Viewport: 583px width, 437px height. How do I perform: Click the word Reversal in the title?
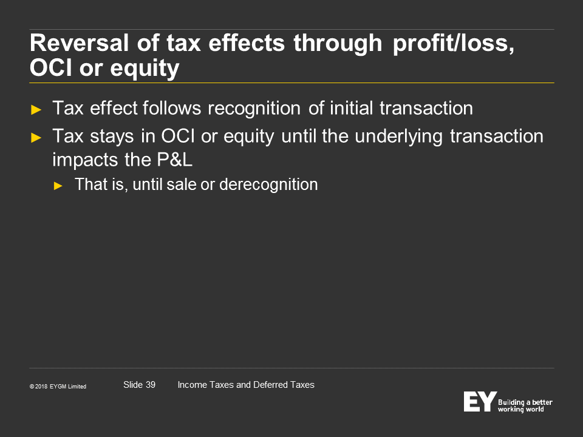[79, 42]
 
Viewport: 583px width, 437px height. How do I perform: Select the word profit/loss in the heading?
[453, 44]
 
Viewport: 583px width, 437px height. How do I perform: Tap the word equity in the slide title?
[145, 69]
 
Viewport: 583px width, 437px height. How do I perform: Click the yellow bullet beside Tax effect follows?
[36, 110]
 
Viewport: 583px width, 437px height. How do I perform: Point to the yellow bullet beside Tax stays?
[36, 138]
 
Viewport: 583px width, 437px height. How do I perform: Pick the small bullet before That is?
[58, 186]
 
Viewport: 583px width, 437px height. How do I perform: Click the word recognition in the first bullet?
[254, 109]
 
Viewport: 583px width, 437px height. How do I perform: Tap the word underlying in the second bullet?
[398, 137]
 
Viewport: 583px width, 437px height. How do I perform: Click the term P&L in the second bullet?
[174, 160]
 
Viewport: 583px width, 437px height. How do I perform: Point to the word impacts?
[85, 160]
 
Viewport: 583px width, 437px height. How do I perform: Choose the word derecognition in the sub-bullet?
[268, 185]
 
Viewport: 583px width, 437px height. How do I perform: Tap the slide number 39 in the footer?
[151, 385]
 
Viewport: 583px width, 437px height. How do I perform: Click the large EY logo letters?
[480, 401]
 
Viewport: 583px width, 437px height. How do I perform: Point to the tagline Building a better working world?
[525, 406]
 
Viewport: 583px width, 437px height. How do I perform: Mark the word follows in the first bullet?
[172, 108]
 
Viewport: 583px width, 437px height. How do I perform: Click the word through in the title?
[338, 44]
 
